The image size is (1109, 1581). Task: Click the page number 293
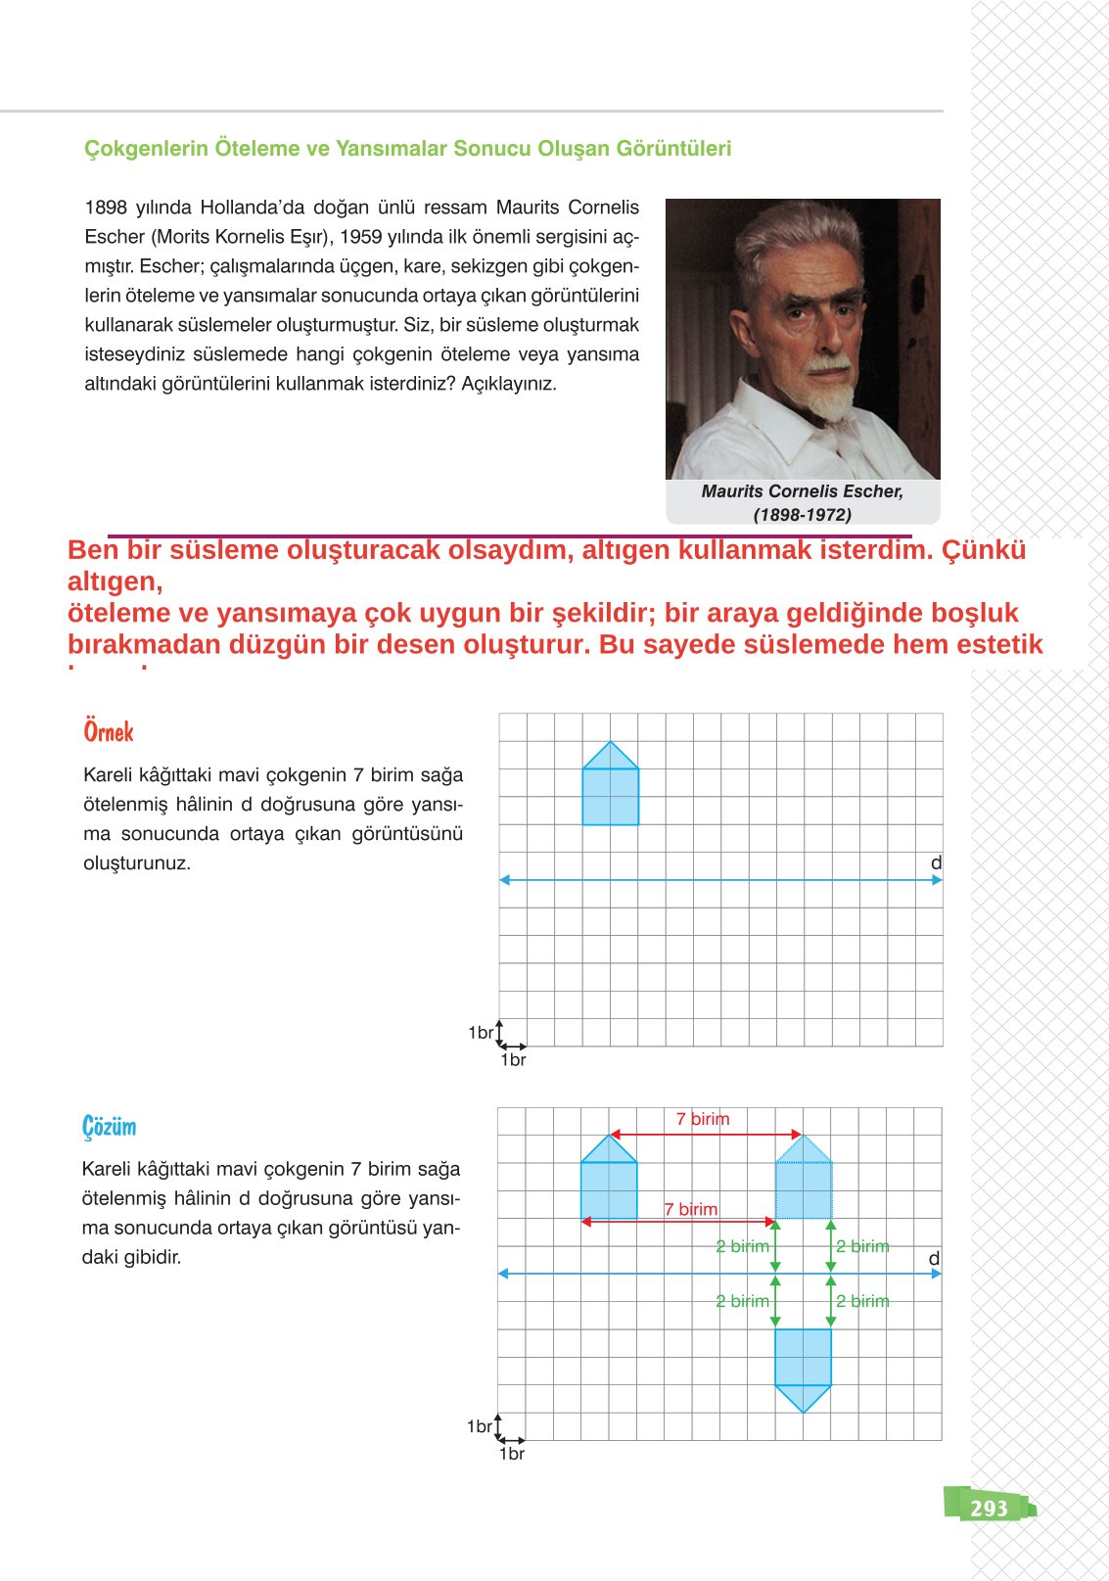pyautogui.click(x=989, y=1508)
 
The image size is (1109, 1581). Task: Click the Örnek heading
pyautogui.click(x=109, y=732)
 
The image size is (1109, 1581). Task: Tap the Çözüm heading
pyautogui.click(x=110, y=1127)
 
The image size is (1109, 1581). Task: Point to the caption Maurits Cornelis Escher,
pyautogui.click(x=802, y=491)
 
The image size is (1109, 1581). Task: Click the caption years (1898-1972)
pyautogui.click(x=802, y=515)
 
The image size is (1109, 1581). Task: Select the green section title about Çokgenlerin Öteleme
pyautogui.click(x=407, y=149)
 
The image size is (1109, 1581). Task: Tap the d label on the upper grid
pyautogui.click(x=936, y=863)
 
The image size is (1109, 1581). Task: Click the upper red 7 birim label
pyautogui.click(x=703, y=1119)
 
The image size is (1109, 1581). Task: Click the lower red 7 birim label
pyautogui.click(x=691, y=1209)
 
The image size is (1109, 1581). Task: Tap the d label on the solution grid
pyautogui.click(x=934, y=1258)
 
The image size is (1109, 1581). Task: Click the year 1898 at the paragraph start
pyautogui.click(x=106, y=208)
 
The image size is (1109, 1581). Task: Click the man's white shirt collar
pyautogui.click(x=773, y=411)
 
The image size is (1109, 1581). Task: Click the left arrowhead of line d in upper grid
pyautogui.click(x=505, y=880)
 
